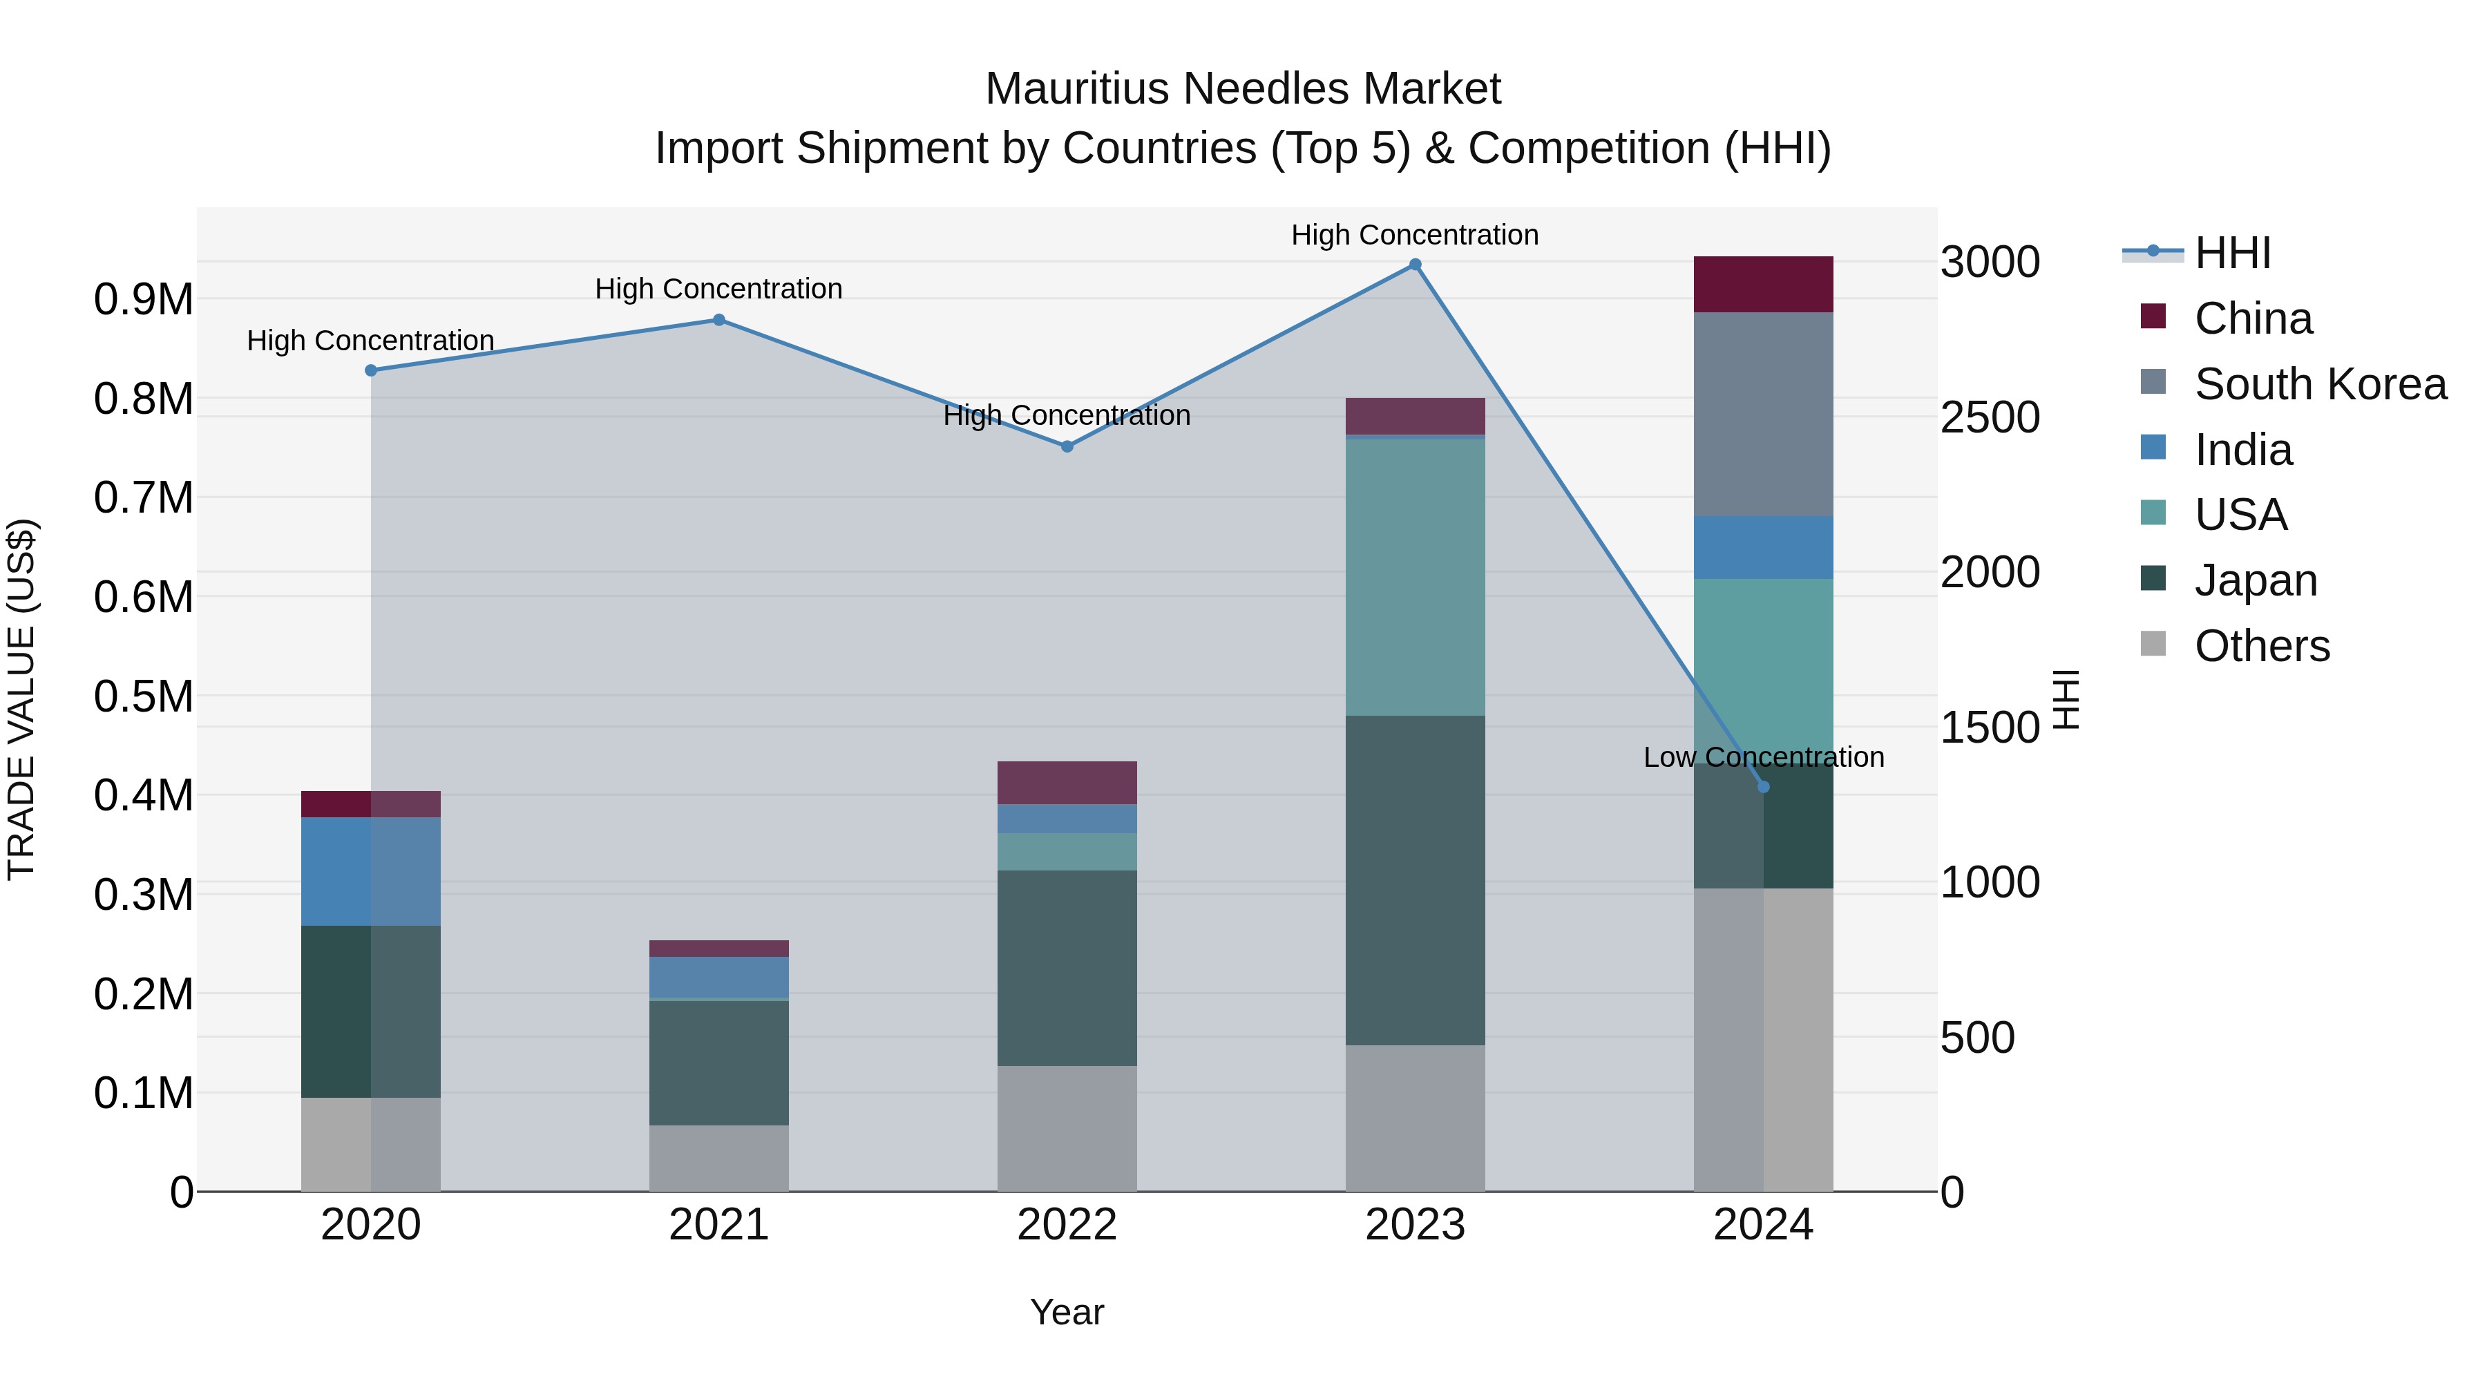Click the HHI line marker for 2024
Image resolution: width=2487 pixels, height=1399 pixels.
(1763, 787)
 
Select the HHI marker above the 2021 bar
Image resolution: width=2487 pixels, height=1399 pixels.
(718, 320)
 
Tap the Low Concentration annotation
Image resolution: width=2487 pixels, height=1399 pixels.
(1763, 757)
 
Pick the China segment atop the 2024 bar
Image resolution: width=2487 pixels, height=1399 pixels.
(1763, 284)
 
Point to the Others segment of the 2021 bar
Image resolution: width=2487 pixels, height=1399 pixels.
(718, 1158)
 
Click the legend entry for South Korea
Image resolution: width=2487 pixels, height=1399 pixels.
(2319, 384)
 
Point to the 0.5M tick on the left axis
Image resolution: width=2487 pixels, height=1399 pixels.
(143, 696)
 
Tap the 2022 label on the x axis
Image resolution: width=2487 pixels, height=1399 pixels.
(1066, 1225)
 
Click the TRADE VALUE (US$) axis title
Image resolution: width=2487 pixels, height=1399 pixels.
(21, 699)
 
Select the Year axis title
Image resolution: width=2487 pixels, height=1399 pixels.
(1066, 1312)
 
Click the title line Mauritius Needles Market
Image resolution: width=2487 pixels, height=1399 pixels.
(1243, 89)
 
